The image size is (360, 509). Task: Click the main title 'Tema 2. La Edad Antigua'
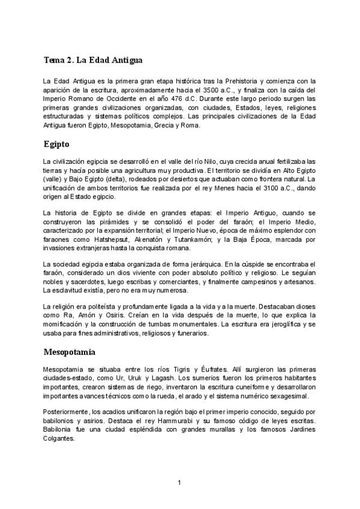click(x=92, y=61)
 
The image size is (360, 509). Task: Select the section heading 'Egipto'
click(x=56, y=144)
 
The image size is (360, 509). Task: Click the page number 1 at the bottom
click(x=179, y=483)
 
